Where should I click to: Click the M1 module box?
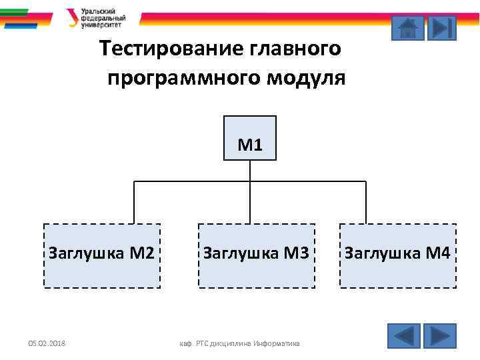click(250, 138)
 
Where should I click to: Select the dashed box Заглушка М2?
click(102, 255)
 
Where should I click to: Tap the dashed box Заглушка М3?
click(257, 255)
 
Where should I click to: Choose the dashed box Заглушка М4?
click(398, 255)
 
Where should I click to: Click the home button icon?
click(407, 28)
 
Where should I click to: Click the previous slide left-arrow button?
click(403, 335)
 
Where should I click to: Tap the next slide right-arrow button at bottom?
click(439, 335)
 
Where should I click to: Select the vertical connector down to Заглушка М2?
click(134, 202)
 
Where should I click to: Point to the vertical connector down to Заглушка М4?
click(366, 202)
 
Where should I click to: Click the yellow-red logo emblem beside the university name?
click(72, 18)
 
